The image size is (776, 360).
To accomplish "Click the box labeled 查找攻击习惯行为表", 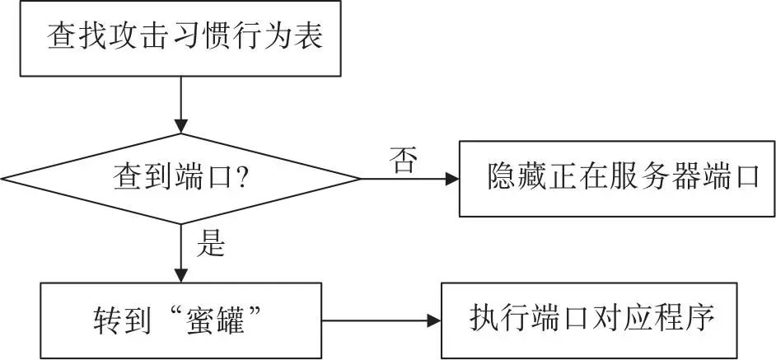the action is (180, 38).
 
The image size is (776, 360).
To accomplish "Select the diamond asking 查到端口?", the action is (180, 179).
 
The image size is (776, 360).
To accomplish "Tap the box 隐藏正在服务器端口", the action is (617, 179).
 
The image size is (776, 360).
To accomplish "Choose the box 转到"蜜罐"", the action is (180, 320).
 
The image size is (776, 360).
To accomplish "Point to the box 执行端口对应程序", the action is (589, 320).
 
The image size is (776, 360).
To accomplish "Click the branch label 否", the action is (403, 160).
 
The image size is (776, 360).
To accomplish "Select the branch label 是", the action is (211, 243).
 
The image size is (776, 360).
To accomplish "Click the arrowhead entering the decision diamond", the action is (181, 127).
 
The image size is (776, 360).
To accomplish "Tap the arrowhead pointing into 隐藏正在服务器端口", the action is (452, 179).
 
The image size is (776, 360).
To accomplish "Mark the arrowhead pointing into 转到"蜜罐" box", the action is (181, 276).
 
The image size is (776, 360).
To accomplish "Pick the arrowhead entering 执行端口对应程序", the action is (434, 321).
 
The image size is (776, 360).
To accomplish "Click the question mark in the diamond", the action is (242, 178).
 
